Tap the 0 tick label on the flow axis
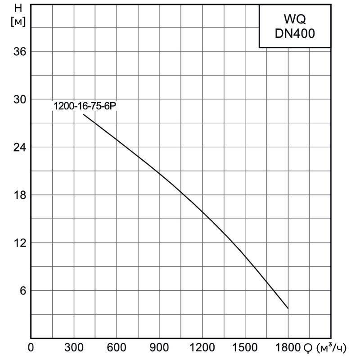[x=31, y=348]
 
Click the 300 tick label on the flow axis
[x=74, y=348]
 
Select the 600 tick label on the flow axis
[x=117, y=348]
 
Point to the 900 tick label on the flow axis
[x=159, y=348]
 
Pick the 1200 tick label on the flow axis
[x=202, y=348]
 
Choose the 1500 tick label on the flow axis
[x=245, y=348]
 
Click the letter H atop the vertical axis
[x=18, y=8]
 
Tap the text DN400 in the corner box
[x=295, y=36]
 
